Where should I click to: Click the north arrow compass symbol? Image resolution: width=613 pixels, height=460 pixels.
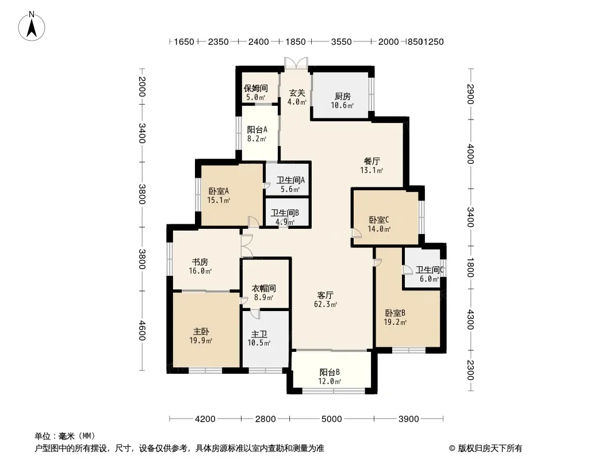32,26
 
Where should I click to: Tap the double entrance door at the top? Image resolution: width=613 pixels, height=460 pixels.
296,64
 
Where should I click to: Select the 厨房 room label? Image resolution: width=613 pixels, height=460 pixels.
343,96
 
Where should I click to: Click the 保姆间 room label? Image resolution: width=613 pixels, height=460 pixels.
256,89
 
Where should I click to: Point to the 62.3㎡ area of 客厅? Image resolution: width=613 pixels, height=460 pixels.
325,304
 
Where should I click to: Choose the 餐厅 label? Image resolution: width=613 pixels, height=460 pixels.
372,161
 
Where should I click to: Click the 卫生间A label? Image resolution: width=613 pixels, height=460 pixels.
290,180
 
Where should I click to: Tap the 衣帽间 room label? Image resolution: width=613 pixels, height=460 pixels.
263,289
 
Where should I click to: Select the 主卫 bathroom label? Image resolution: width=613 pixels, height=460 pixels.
259,334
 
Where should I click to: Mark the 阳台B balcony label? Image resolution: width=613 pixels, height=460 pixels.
330,373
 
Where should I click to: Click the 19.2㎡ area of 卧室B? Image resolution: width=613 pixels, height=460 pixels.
395,322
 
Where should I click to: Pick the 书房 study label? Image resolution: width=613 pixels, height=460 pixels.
200,262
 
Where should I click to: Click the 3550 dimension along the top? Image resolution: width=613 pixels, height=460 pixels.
342,42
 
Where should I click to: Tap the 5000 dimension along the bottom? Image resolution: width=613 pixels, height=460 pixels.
332,419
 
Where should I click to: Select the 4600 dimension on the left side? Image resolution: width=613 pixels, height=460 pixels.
142,331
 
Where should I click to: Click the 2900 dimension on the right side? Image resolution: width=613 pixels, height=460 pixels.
470,94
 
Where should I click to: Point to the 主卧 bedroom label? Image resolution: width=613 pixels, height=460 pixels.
201,332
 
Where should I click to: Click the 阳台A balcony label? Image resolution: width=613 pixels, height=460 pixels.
257,129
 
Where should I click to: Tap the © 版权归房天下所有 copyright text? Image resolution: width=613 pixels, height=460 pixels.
485,448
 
